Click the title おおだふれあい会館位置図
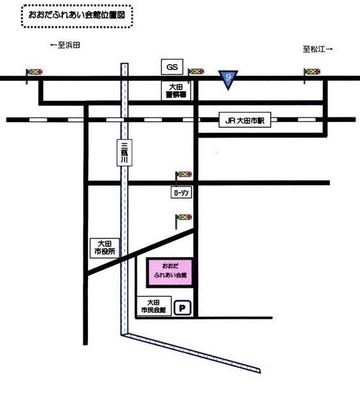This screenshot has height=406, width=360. coord(77,15)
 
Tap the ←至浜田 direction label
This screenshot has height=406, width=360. coord(65,46)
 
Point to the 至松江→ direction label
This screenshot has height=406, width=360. coord(318,49)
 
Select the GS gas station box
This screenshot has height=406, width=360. coord(172,67)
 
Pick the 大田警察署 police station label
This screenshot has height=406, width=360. coord(176,91)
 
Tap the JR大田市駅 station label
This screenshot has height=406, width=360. coord(245,120)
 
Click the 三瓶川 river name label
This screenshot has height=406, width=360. coord(124,153)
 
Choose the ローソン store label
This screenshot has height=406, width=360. coord(182,193)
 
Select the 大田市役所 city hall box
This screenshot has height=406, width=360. coord(105,249)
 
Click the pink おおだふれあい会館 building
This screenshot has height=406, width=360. coord(170,272)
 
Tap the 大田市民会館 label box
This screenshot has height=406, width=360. coord(153,306)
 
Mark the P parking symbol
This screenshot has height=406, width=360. coord(183,308)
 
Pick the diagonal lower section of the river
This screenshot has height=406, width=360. coord(191,353)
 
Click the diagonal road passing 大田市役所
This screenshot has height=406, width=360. coord(141,252)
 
